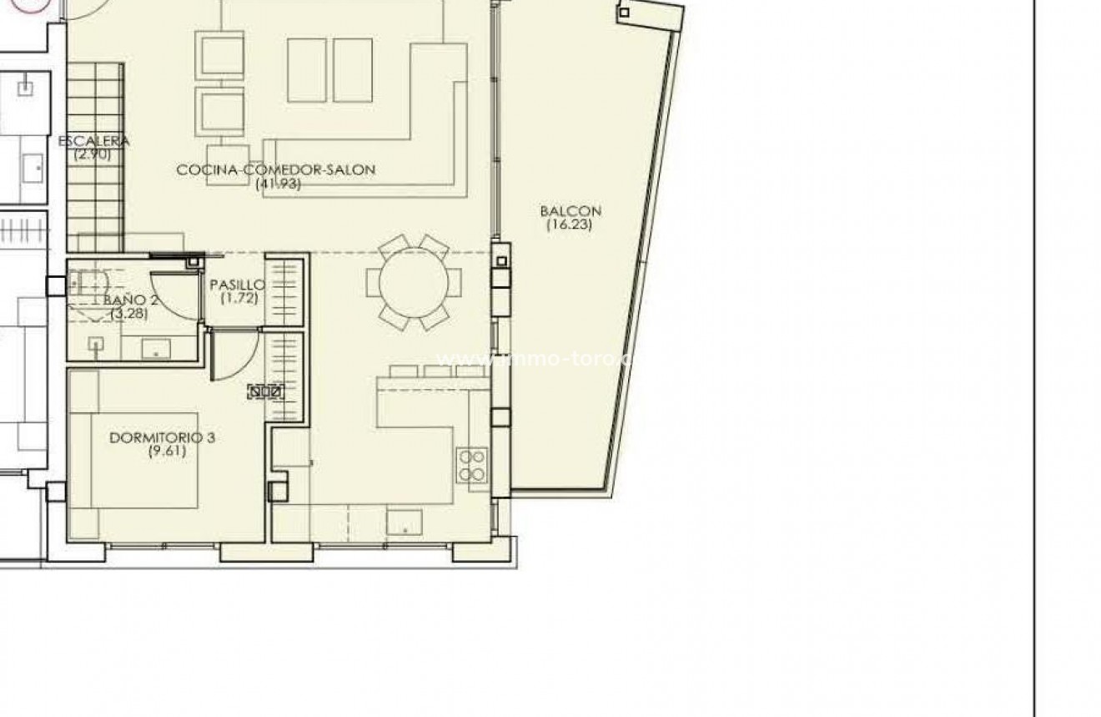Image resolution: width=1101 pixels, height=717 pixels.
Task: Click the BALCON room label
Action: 571,211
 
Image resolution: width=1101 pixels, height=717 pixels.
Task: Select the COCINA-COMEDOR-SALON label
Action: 276,169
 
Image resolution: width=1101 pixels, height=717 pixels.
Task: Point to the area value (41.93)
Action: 278,183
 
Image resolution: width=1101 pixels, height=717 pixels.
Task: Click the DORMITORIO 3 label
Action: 163,437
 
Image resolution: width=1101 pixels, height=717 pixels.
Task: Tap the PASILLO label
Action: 238,285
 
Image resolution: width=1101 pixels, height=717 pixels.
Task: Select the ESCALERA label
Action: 93,141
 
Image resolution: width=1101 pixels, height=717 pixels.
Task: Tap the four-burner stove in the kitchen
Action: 472,465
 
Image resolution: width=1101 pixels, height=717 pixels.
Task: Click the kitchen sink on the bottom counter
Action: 404,522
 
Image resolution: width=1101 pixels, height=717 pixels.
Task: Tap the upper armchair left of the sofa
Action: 220,55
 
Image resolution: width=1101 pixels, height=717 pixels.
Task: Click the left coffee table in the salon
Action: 307,70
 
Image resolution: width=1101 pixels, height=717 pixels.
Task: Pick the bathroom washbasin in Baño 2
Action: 153,347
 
